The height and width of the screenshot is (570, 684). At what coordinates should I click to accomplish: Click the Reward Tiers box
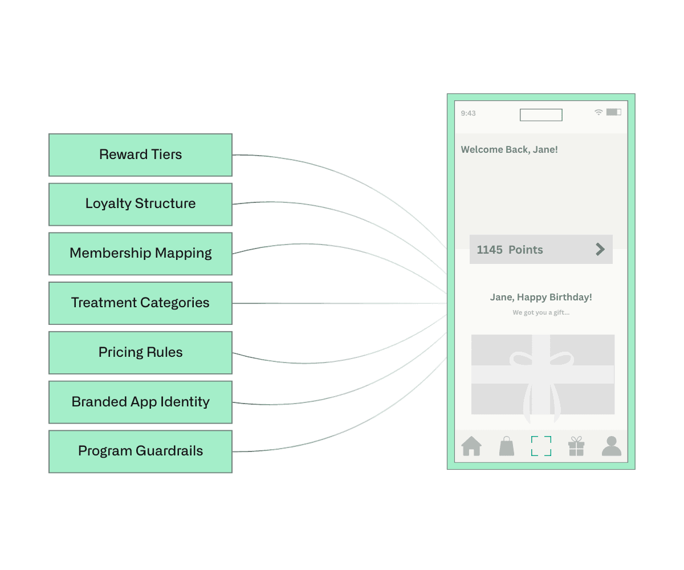[x=140, y=154]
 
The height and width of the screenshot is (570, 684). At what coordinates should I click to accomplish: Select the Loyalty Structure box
[x=140, y=204]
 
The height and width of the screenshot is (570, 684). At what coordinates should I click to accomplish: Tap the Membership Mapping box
[x=140, y=254]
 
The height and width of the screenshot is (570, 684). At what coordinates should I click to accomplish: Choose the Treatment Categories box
[x=140, y=303]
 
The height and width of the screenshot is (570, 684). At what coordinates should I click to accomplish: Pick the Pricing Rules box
[x=140, y=352]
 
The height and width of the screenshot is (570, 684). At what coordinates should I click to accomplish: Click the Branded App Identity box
[x=140, y=402]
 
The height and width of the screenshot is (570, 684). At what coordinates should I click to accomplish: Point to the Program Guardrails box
[x=140, y=451]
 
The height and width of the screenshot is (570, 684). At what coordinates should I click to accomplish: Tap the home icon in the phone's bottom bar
[x=471, y=446]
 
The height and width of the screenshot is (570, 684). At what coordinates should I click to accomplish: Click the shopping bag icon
[x=506, y=446]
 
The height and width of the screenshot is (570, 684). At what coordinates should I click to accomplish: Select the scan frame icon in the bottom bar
[x=541, y=446]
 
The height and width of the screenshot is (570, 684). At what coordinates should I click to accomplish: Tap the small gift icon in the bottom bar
[x=576, y=446]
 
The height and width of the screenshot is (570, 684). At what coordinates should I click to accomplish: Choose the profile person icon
[x=611, y=446]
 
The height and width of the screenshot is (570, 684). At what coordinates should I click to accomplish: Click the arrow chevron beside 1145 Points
[x=600, y=249]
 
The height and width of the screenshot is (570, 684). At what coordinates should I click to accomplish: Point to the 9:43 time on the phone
[x=468, y=113]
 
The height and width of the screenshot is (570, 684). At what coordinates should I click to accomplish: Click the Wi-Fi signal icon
[x=598, y=112]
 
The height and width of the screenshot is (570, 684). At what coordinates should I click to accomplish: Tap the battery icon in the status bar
[x=613, y=112]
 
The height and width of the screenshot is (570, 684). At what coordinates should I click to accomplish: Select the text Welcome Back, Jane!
[x=509, y=150]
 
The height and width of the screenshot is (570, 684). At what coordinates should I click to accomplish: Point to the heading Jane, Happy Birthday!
[x=541, y=297]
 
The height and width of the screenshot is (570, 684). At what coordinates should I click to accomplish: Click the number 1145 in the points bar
[x=490, y=250]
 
